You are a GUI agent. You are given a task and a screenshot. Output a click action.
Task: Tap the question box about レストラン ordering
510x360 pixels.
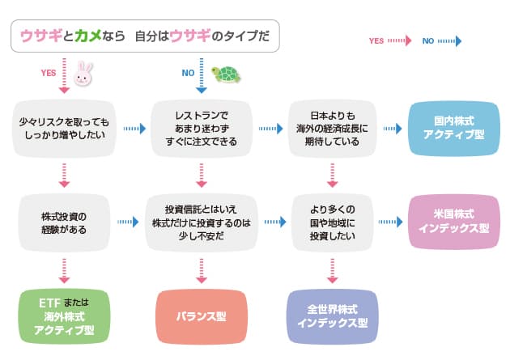tap(198, 128)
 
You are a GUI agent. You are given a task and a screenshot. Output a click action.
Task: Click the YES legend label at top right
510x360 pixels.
tap(376, 40)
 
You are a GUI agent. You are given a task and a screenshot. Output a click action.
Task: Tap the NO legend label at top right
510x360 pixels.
tap(428, 40)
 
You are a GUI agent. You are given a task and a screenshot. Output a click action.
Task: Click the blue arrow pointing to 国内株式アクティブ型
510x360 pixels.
tap(392, 128)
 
